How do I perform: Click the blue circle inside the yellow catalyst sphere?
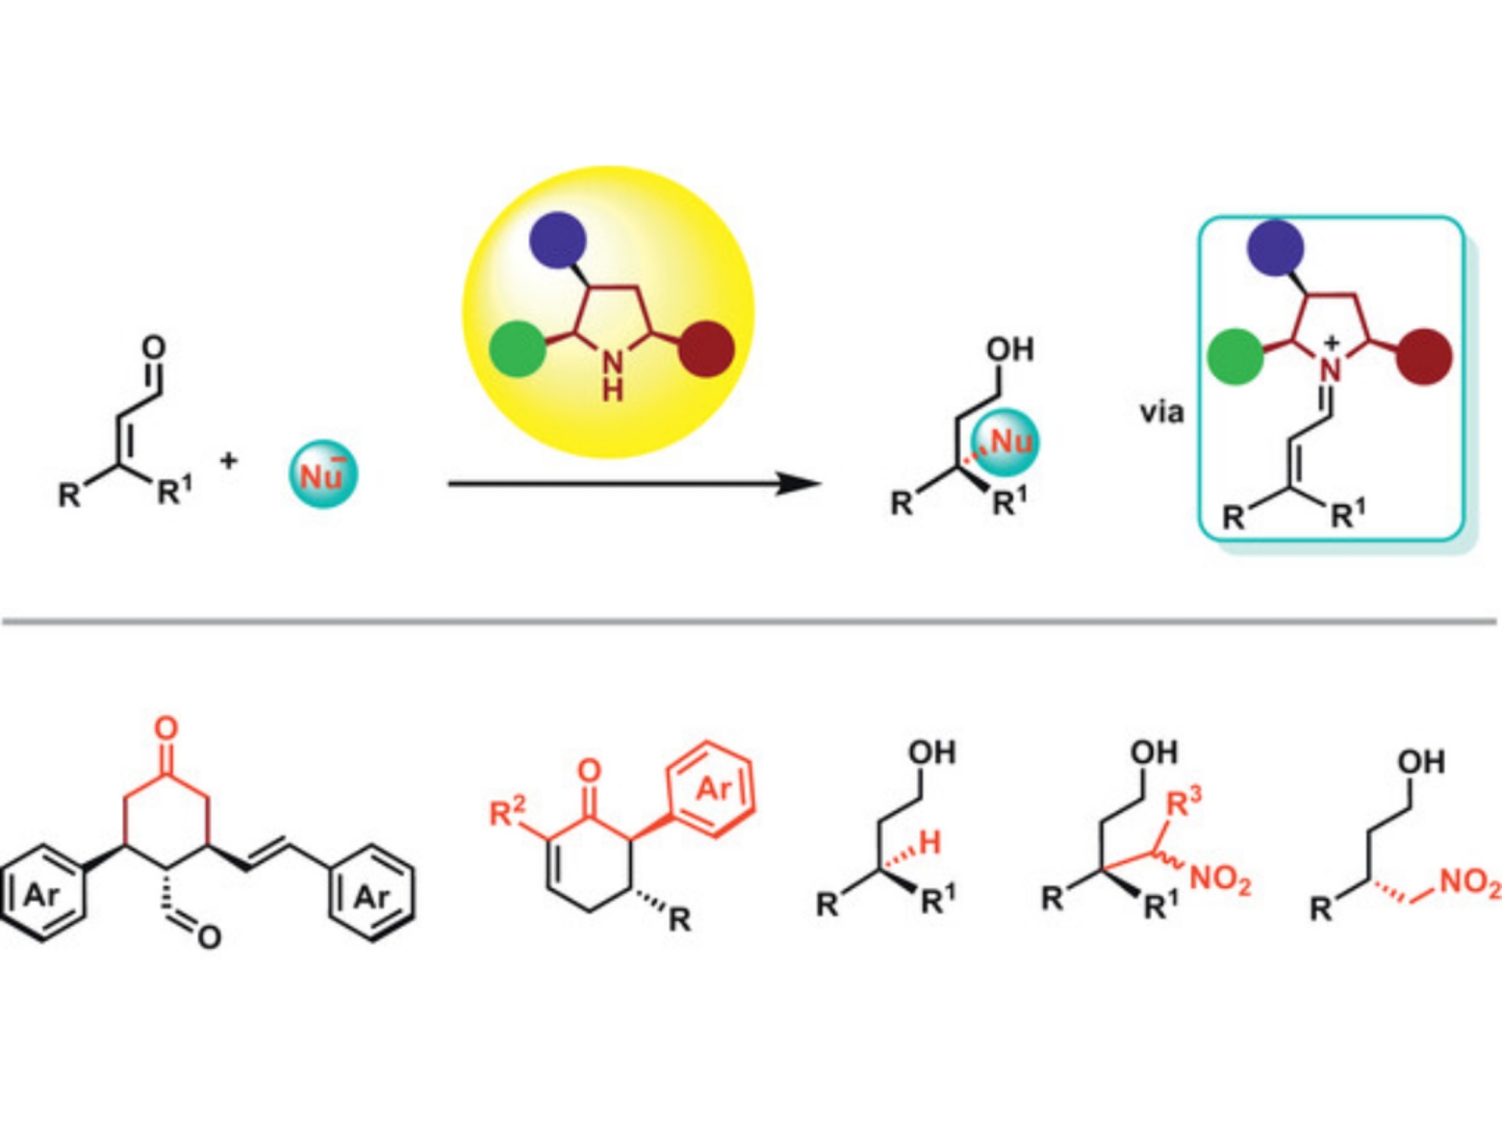coord(557,239)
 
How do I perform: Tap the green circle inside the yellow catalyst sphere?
coord(517,349)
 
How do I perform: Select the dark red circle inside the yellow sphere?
coord(706,349)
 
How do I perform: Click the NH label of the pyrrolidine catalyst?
coord(612,376)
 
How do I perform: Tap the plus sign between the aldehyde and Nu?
coord(229,460)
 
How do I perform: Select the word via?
coord(1162,411)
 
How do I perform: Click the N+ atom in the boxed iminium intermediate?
coord(1330,367)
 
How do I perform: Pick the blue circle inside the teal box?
coord(1276,247)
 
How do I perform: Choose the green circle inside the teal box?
coord(1236,356)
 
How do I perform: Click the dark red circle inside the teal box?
coord(1424,356)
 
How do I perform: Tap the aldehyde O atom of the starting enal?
coord(154,348)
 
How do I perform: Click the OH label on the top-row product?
coord(1010,350)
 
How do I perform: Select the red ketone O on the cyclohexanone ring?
coord(166,727)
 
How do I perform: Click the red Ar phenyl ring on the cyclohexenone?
coord(712,789)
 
